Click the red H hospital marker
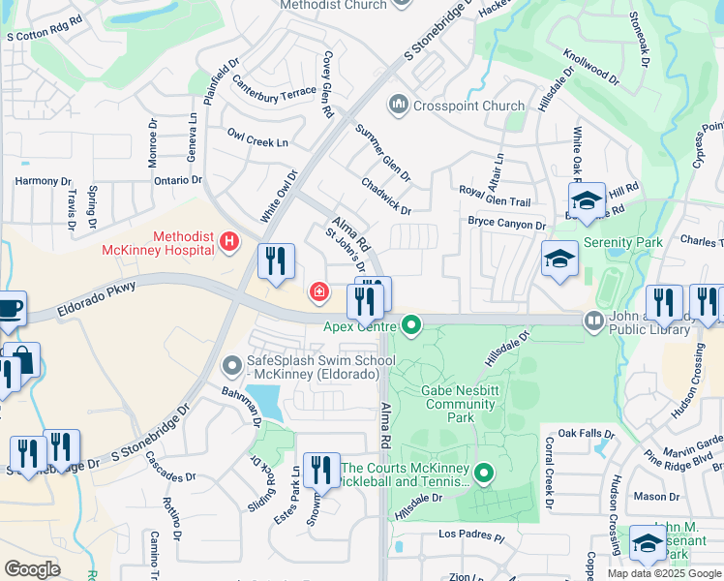[229, 241]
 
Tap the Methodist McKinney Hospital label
[159, 242]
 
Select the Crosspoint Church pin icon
[398, 104]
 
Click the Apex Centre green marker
[411, 323]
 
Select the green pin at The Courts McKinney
[483, 473]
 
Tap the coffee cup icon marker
[9, 306]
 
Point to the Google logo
[32, 568]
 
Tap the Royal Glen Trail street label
[495, 197]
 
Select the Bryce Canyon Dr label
[507, 224]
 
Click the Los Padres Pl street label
[471, 535]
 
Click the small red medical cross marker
[317, 290]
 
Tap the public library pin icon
[593, 320]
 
